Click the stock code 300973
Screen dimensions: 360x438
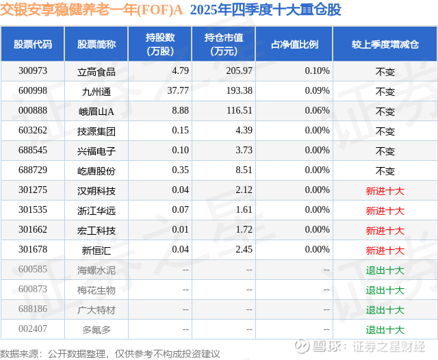click(x=32, y=71)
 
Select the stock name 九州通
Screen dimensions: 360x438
click(x=96, y=91)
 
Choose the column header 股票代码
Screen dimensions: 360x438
click(x=33, y=44)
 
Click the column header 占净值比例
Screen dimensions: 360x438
click(x=294, y=44)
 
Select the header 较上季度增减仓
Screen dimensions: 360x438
click(x=385, y=44)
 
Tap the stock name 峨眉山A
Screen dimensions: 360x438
click(x=96, y=111)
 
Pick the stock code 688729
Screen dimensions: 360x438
click(x=32, y=170)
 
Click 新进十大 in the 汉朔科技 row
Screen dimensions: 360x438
click(x=385, y=191)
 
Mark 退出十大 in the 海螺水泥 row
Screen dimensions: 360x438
click(x=385, y=270)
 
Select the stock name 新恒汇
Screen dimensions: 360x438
click(x=96, y=250)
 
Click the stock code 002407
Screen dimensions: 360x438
click(x=32, y=329)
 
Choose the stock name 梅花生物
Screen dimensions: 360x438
click(x=96, y=290)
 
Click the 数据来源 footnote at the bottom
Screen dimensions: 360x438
click(x=110, y=353)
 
